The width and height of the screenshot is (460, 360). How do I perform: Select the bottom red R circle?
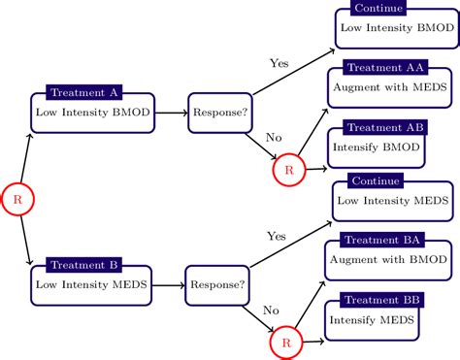click(x=285, y=344)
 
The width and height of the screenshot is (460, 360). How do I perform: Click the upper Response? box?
click(x=218, y=113)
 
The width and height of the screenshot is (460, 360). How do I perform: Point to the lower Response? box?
click(x=215, y=285)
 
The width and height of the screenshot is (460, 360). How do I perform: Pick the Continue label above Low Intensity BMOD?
click(x=379, y=9)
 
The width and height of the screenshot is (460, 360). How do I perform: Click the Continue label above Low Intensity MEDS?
click(x=378, y=182)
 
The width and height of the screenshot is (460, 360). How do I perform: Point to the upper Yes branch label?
click(x=279, y=63)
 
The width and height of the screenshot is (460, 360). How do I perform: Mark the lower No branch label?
click(x=271, y=311)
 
